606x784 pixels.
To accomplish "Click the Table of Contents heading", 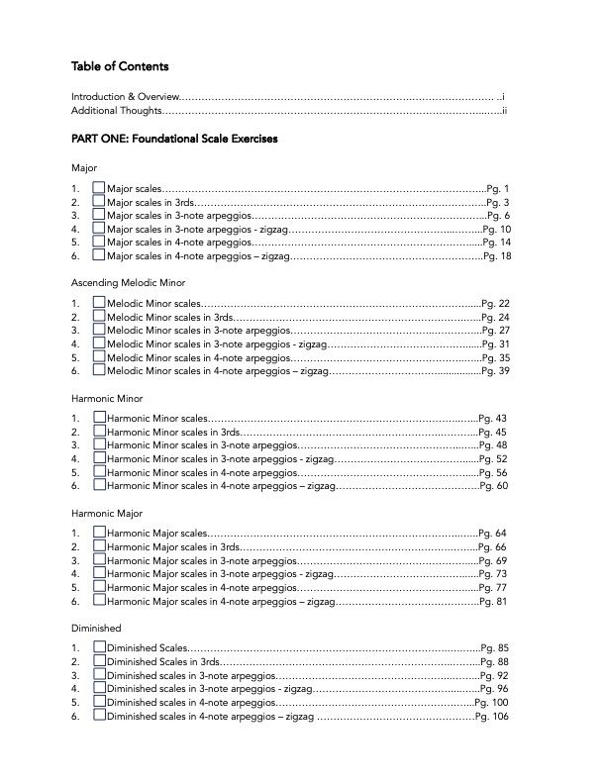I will (120, 67).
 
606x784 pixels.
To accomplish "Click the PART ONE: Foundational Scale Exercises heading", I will (174, 140).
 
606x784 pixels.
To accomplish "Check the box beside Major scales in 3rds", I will (98, 202).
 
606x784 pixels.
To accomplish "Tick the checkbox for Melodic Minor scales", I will (98, 304).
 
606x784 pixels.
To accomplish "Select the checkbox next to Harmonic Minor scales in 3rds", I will (98, 433).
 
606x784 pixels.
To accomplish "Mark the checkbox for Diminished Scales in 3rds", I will (98, 662).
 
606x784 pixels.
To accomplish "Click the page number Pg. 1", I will (499, 188).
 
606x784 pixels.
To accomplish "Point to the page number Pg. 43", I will (492, 419).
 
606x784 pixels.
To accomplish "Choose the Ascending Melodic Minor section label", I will (136, 283).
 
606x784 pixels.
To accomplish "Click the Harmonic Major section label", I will (107, 514).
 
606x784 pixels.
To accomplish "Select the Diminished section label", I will (96, 629).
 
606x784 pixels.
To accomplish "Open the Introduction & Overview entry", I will (126, 96).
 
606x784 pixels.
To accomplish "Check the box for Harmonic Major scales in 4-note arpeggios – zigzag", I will (98, 601).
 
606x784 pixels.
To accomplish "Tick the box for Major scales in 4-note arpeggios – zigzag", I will (98, 255).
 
